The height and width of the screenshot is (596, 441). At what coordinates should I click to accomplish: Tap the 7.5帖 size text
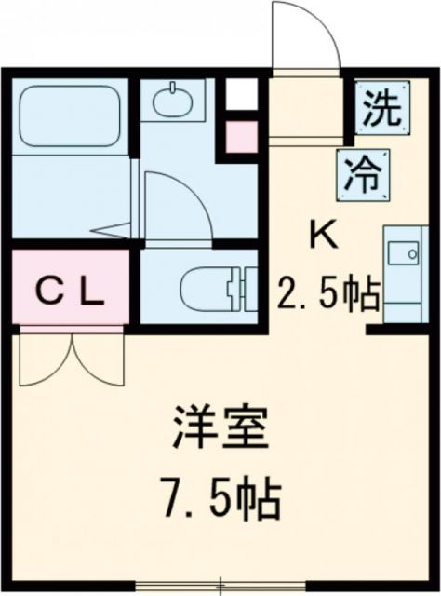[x=220, y=499]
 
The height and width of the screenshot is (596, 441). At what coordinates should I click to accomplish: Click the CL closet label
[x=70, y=291]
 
